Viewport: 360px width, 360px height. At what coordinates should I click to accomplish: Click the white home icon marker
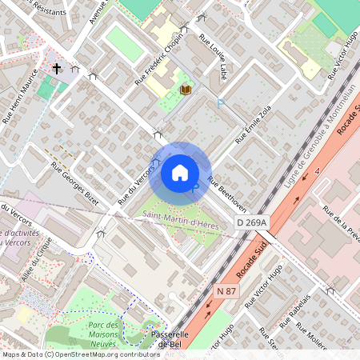click(x=180, y=172)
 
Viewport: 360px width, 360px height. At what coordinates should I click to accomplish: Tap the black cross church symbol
click(x=57, y=70)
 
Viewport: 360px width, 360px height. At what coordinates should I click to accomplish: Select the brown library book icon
click(x=186, y=90)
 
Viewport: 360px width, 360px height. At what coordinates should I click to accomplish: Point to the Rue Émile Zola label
click(x=254, y=123)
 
